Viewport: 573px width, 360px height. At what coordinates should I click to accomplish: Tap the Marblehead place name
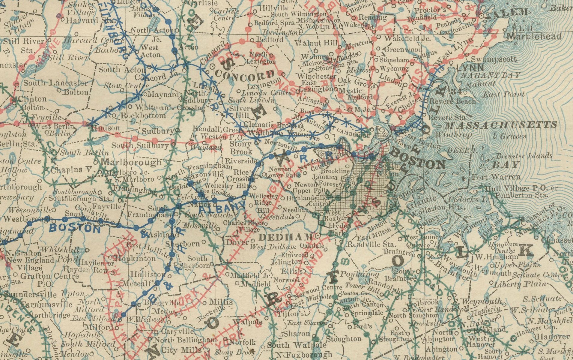click(x=535, y=37)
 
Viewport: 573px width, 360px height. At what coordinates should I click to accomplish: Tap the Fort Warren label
click(x=496, y=177)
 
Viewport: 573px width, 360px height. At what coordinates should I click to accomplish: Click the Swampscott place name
click(x=494, y=59)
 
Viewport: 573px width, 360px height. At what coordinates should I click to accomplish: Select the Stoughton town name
click(x=344, y=339)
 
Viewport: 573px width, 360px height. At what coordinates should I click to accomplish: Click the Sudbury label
click(x=158, y=131)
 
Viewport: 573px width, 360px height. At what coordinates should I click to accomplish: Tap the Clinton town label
click(x=32, y=99)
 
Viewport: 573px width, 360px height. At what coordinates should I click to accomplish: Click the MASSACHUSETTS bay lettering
click(x=501, y=124)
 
